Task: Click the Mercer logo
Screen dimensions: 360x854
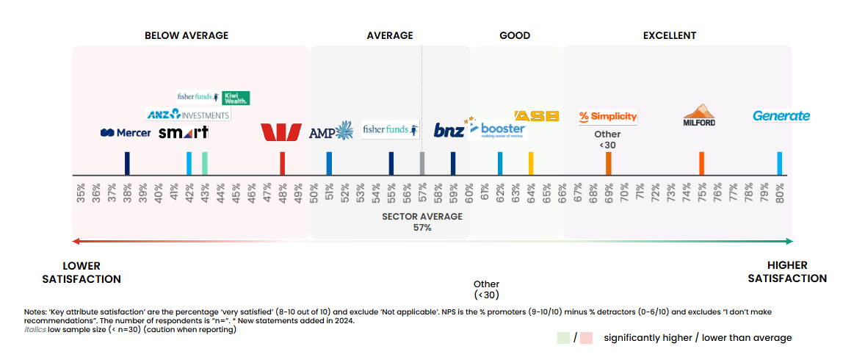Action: click(x=126, y=133)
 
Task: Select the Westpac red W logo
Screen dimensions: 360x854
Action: click(x=281, y=132)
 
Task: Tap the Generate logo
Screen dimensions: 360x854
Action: click(x=781, y=116)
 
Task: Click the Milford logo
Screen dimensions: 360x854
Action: click(x=699, y=115)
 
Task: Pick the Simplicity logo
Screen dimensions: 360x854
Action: click(x=607, y=116)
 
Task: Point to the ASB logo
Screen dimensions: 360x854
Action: click(x=537, y=116)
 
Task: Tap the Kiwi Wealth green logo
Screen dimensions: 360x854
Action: click(x=236, y=98)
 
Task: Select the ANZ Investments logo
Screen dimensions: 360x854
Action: click(x=188, y=115)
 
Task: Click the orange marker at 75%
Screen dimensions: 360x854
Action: click(x=701, y=163)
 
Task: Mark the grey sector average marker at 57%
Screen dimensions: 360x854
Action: click(x=422, y=163)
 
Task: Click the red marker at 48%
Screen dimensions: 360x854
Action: click(x=282, y=163)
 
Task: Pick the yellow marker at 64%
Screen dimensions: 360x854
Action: click(x=531, y=163)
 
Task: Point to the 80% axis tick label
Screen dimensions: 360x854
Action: click(x=779, y=192)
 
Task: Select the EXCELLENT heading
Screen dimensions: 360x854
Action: click(x=669, y=35)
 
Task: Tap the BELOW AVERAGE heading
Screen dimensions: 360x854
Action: click(x=187, y=35)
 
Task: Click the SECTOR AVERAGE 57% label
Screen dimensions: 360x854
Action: click(x=422, y=222)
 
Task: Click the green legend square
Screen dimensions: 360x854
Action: click(x=563, y=338)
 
